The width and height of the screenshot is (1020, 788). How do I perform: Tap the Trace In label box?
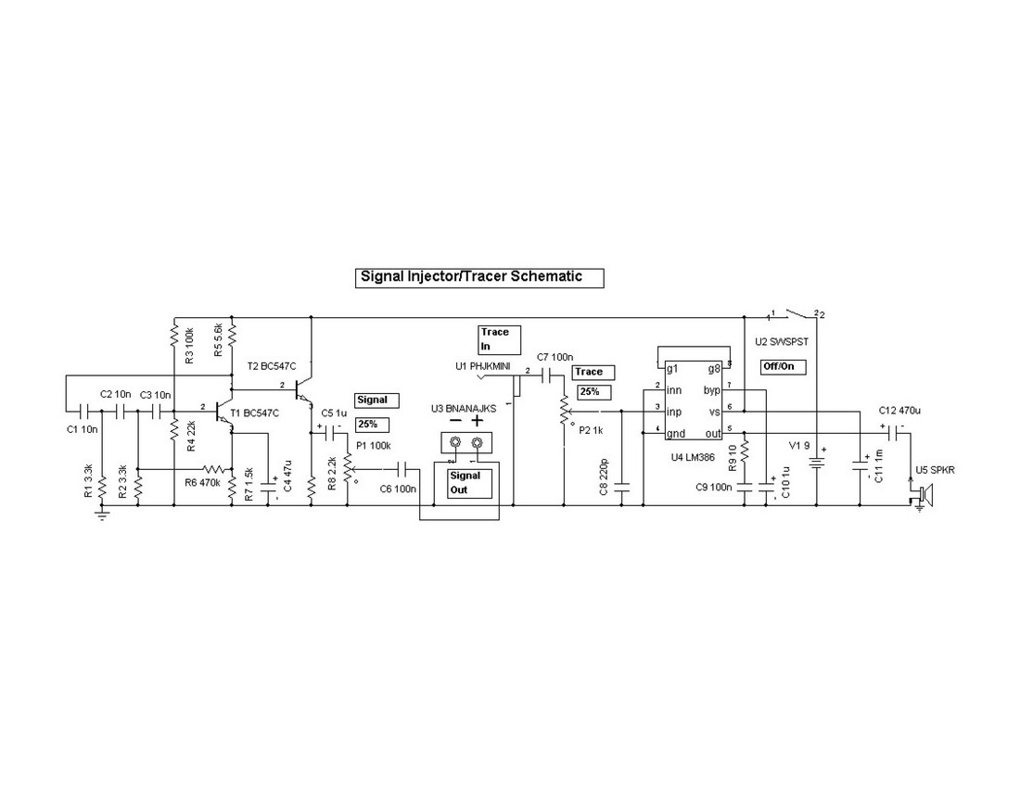coord(500,338)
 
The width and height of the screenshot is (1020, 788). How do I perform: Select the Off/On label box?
coord(781,366)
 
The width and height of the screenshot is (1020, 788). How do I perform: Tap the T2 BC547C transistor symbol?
coord(302,388)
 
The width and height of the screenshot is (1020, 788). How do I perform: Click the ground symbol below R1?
coord(101,515)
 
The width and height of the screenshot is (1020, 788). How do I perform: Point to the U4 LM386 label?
coord(694,456)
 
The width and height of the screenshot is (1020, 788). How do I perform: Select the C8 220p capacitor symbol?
coord(622,484)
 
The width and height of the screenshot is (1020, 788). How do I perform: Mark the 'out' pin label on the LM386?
coord(712,433)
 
